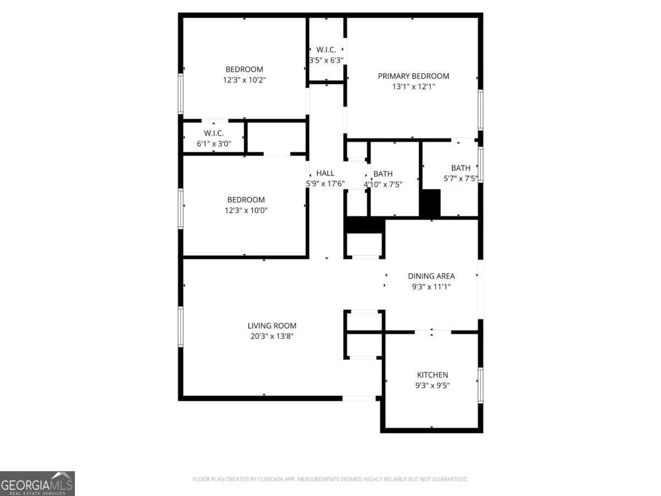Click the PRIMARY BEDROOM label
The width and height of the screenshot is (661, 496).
pyautogui.click(x=413, y=76)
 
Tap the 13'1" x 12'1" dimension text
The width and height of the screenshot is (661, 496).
pyautogui.click(x=413, y=87)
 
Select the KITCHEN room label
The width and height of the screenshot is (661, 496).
pyautogui.click(x=432, y=375)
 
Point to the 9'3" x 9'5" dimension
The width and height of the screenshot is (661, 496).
pyautogui.click(x=432, y=386)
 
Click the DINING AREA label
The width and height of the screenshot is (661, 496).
pyautogui.click(x=431, y=276)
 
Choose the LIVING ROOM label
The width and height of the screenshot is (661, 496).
pyautogui.click(x=272, y=326)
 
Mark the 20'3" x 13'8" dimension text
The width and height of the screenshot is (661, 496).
pyautogui.click(x=272, y=336)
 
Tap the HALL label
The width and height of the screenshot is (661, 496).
pyautogui.click(x=325, y=173)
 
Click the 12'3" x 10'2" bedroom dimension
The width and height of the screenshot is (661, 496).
pyautogui.click(x=244, y=80)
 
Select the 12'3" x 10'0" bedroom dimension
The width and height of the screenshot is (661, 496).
pyautogui.click(x=246, y=210)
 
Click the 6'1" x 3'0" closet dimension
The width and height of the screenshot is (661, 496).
pyautogui.click(x=214, y=144)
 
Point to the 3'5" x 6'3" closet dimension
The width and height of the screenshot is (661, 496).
pyautogui.click(x=326, y=60)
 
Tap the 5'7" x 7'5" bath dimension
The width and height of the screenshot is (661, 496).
pyautogui.click(x=460, y=179)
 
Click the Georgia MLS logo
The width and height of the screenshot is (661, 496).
pyautogui.click(x=37, y=483)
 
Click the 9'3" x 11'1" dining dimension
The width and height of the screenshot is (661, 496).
pyautogui.click(x=431, y=287)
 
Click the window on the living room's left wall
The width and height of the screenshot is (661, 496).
pyautogui.click(x=180, y=326)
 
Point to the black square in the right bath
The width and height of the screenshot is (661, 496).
pyautogui.click(x=431, y=203)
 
